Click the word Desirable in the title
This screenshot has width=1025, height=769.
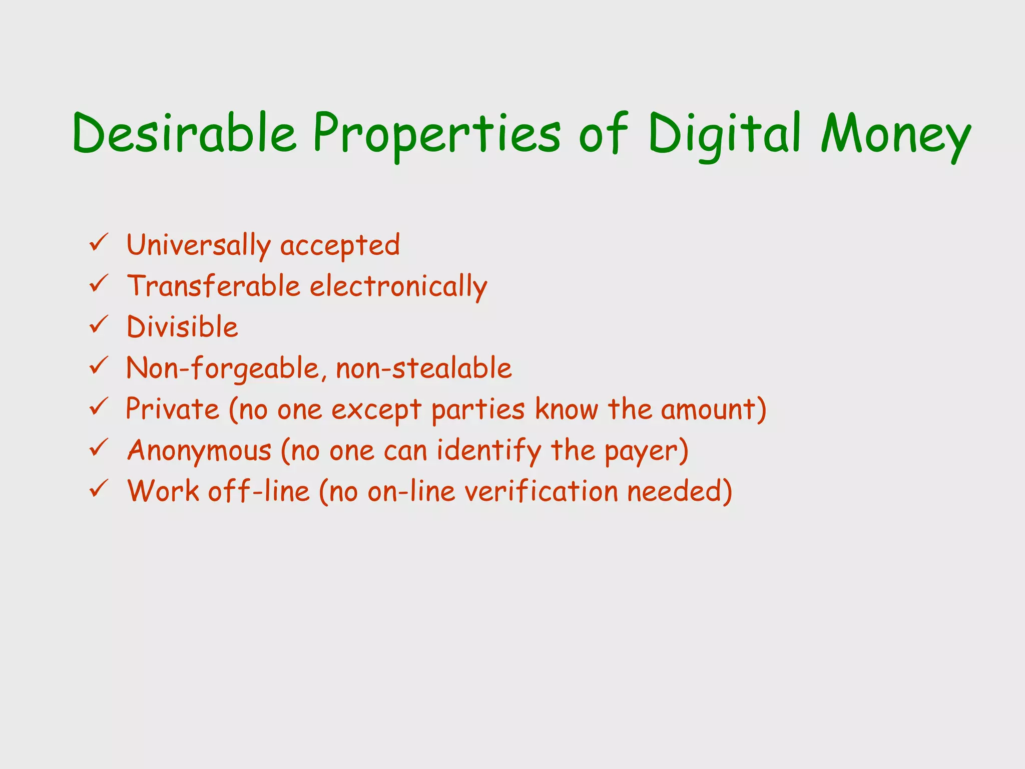point(185,133)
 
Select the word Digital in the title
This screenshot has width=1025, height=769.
point(726,134)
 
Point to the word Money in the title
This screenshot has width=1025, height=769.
point(896,134)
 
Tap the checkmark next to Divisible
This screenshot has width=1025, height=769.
point(99,325)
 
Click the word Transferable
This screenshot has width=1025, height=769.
point(214,286)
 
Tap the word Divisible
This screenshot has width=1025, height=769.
point(183,327)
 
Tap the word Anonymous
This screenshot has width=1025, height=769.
point(199,451)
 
